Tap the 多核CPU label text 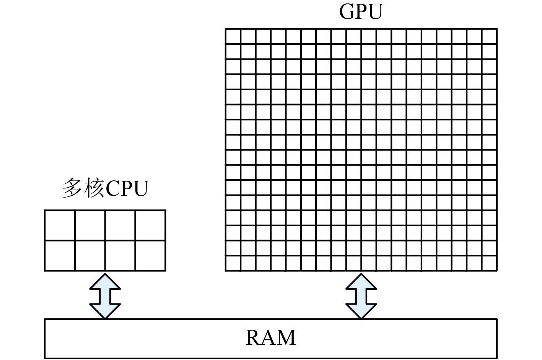click(105, 188)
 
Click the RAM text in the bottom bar click(270, 338)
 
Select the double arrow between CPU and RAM click(105, 295)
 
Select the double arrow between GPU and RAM click(361, 295)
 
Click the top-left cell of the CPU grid click(60, 225)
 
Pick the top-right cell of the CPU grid click(150, 225)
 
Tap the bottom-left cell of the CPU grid click(60, 255)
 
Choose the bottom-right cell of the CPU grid click(150, 255)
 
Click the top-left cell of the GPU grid click(233, 36)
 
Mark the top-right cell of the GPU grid click(489, 36)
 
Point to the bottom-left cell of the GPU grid click(233, 263)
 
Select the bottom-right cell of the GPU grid click(489, 263)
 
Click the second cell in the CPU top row click(90, 225)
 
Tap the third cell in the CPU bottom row click(120, 255)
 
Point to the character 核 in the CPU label click(93, 188)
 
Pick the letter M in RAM click(286, 338)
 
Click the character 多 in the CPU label click(72, 188)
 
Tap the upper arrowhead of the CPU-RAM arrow click(105, 281)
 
